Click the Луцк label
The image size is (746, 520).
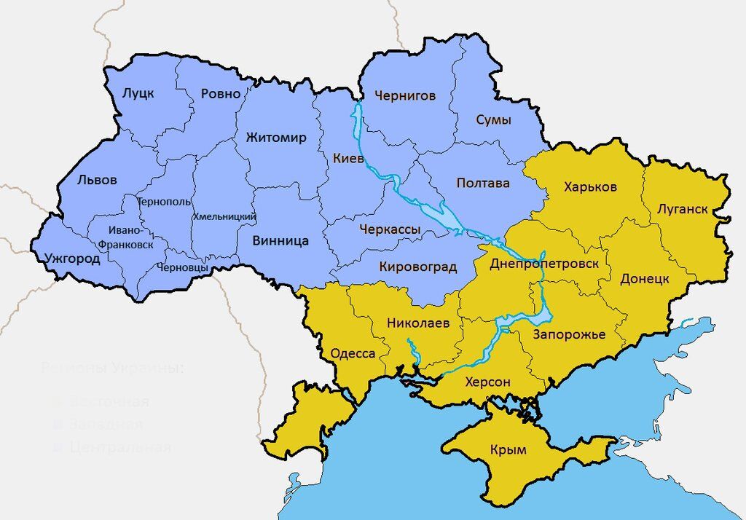click(x=138, y=93)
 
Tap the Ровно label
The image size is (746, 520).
click(x=220, y=94)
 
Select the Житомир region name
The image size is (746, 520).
click(x=276, y=138)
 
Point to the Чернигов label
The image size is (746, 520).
click(x=405, y=95)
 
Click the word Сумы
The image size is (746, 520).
click(x=493, y=119)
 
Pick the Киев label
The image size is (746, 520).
click(x=348, y=158)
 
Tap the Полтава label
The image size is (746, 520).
click(x=483, y=183)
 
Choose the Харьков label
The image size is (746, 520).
click(x=590, y=187)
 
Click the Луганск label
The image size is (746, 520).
click(x=682, y=209)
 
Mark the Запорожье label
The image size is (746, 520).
click(x=569, y=334)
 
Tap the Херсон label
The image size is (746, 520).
click(x=487, y=382)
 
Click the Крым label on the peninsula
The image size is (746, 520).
click(x=509, y=450)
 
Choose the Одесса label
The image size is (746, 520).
click(x=353, y=354)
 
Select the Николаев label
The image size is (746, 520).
click(x=418, y=322)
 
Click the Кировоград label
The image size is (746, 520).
click(x=417, y=267)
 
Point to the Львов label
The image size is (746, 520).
click(x=96, y=181)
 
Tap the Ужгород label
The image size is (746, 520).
click(x=72, y=258)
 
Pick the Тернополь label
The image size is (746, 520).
click(x=164, y=202)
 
